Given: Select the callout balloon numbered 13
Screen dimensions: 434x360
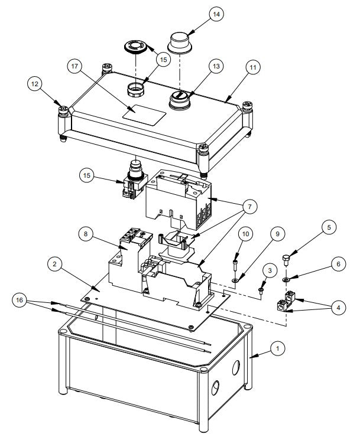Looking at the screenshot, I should coord(216,67).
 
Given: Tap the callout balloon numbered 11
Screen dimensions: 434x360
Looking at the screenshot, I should coord(253,67).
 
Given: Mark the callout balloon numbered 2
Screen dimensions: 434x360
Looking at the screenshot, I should coord(56,265).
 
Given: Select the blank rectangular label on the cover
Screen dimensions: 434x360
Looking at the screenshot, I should coord(142,113).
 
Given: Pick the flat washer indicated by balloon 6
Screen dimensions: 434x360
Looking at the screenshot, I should coord(286,278).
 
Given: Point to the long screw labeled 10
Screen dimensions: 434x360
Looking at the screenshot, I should coord(236,257).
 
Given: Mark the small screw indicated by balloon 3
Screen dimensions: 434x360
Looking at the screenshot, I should coord(260,290).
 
